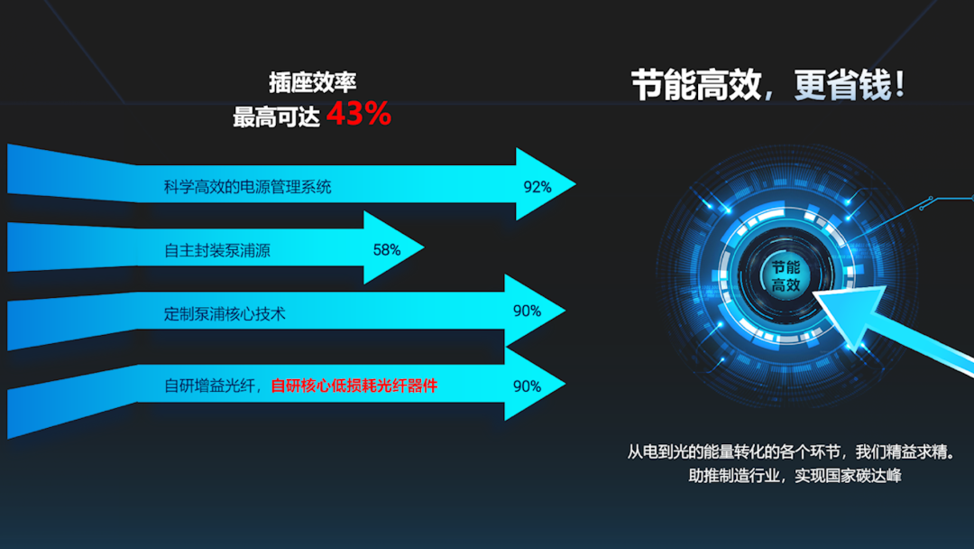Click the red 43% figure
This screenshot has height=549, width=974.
tap(358, 114)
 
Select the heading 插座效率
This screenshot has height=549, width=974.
tap(312, 82)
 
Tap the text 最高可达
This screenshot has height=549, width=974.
tap(276, 116)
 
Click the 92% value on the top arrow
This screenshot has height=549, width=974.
tap(538, 187)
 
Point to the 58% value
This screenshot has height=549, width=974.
tap(386, 250)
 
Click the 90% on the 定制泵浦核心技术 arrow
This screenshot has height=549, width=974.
tap(527, 311)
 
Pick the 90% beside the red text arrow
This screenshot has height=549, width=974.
tap(527, 386)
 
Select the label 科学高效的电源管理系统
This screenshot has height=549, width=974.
tap(247, 187)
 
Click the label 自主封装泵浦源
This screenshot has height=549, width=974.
tap(216, 250)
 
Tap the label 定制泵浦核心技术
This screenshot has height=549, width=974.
tap(225, 314)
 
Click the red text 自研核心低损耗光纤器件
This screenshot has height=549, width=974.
tap(354, 386)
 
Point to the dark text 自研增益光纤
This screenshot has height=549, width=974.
tap(209, 386)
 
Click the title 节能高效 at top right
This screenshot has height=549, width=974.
tap(696, 85)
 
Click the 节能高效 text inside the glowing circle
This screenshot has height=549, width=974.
tap(786, 276)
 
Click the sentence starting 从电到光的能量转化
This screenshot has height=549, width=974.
tap(791, 452)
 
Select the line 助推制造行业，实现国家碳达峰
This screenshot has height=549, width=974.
tap(795, 476)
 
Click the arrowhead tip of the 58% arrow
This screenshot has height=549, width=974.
tap(424, 247)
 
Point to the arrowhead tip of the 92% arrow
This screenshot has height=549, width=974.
tap(575, 184)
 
